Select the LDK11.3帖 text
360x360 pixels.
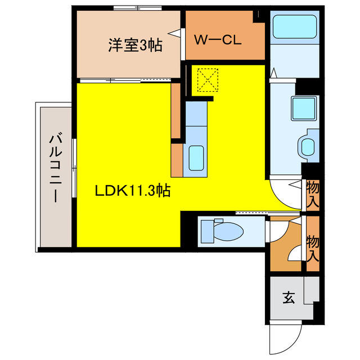pyautogui.click(x=132, y=191)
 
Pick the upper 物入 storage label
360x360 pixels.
pyautogui.click(x=313, y=195)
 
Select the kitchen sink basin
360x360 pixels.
pyautogui.click(x=196, y=157)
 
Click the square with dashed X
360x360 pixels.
pyautogui.click(x=208, y=80)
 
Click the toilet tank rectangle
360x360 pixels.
pyautogui.click(x=205, y=230)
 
